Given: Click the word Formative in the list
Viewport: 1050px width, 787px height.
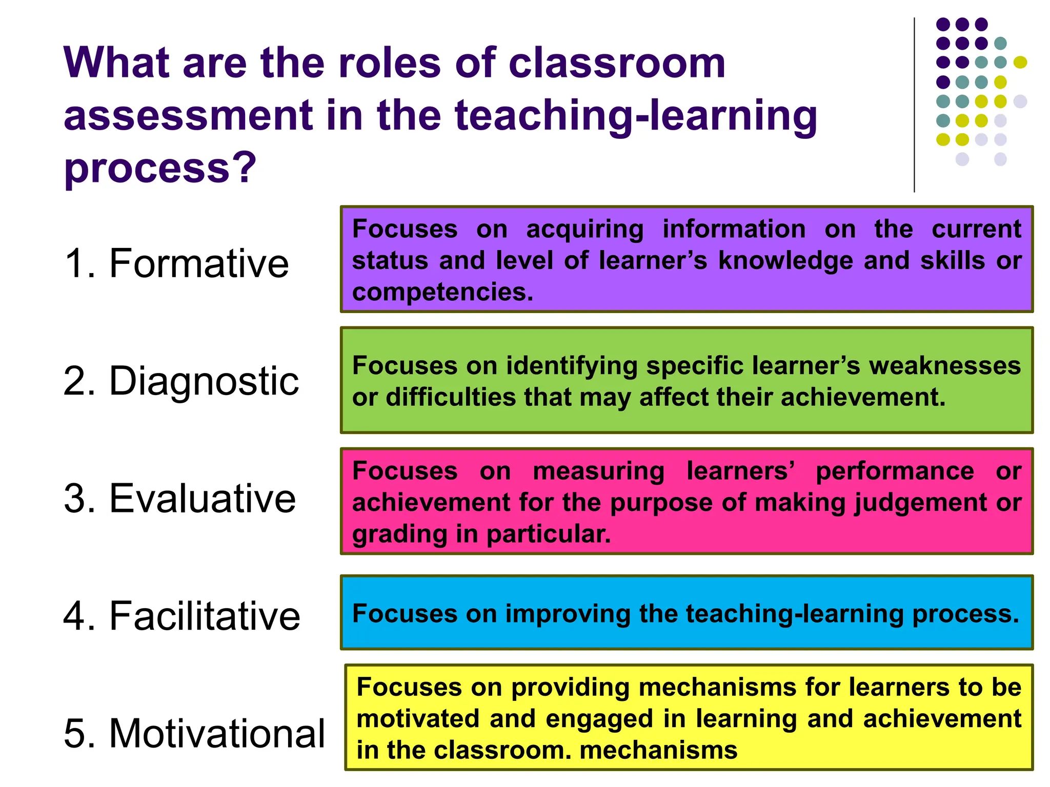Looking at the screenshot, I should [199, 263].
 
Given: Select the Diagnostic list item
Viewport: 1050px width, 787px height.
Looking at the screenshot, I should [204, 381].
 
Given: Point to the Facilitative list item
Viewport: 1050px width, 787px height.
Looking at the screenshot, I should [205, 616].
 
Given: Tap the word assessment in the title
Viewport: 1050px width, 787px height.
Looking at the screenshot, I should [188, 115].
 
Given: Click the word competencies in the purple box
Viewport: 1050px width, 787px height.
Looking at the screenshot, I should [442, 293].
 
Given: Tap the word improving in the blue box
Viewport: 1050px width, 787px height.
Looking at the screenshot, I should [568, 614].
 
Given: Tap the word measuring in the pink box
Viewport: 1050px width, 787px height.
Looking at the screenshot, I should [598, 471].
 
